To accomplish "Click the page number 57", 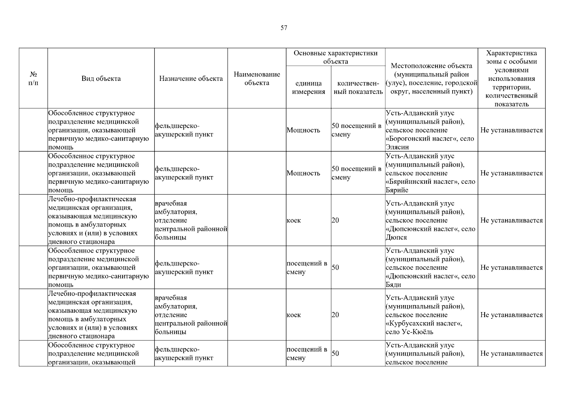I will pos(284,28).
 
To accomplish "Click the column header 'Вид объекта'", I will pos(101,79).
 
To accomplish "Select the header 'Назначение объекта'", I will pos(191,79).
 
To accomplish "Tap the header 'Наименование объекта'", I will pos(257,79).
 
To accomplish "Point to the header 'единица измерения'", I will pos(308,88).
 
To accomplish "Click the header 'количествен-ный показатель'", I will pos(358,88).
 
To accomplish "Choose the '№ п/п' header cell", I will pos(33,79).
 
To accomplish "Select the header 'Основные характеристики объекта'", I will pos(336,57).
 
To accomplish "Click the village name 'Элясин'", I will pos(397,147).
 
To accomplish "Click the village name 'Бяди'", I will pos(393,285).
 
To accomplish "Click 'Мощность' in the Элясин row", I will pos(303,130).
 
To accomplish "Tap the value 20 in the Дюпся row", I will pos(335,221).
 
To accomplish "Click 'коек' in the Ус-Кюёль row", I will pos(294,315).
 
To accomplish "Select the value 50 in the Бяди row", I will pos(335,268).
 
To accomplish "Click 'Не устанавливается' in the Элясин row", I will pos(511,130).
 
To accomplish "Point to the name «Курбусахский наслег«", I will pos(424,323).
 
